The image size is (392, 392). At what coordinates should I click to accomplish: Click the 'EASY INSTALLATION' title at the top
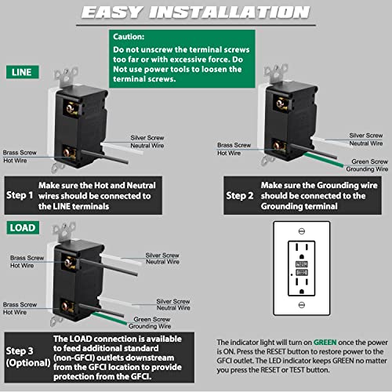pyautogui.click(x=195, y=13)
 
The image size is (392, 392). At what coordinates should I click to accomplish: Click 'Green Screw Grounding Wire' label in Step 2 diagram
pyautogui.click(x=369, y=165)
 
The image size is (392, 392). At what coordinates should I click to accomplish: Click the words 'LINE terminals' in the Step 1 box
pyautogui.click(x=91, y=205)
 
